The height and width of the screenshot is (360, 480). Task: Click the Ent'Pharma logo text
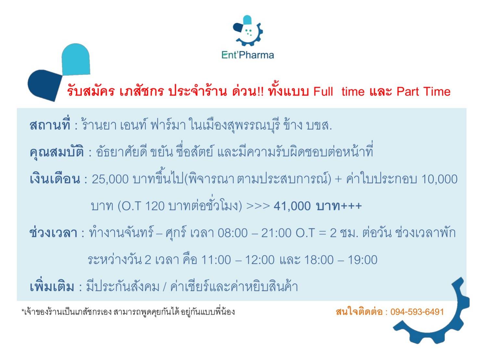pyautogui.click(x=247, y=55)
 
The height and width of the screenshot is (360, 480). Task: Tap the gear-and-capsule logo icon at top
pyautogui.click(x=247, y=31)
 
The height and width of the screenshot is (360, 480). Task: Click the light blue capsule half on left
pyautogui.click(x=76, y=59)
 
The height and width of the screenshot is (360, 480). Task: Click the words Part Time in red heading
pyautogui.click(x=423, y=91)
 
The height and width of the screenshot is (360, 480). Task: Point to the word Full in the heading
pyautogui.click(x=323, y=91)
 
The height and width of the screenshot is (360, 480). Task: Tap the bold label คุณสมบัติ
pyautogui.click(x=57, y=151)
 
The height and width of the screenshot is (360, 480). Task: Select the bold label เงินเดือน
pyautogui.click(x=55, y=179)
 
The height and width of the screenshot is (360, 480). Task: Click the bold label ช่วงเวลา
pyautogui.click(x=53, y=232)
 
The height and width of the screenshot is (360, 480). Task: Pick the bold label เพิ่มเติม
pyautogui.click(x=52, y=287)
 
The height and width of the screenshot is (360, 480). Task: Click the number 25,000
pyautogui.click(x=110, y=179)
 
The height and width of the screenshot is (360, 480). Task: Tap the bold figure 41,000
pyautogui.click(x=292, y=206)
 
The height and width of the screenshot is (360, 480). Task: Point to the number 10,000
pyautogui.click(x=439, y=179)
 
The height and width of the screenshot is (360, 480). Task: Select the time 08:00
pyautogui.click(x=233, y=233)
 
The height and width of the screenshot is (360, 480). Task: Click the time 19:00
pyautogui.click(x=362, y=260)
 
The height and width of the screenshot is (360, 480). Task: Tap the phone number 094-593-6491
pyautogui.click(x=417, y=312)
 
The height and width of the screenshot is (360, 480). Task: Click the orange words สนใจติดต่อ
pyautogui.click(x=359, y=312)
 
